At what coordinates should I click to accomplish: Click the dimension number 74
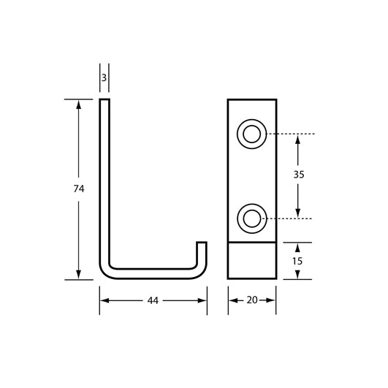[79, 189]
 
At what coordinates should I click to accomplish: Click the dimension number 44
[153, 300]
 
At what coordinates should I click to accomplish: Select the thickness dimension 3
[104, 77]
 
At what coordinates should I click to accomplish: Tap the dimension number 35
[297, 175]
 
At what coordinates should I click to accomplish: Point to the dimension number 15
[297, 261]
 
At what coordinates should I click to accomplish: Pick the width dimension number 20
[251, 300]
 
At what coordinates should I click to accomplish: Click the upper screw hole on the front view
[251, 134]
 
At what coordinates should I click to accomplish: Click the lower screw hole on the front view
[251, 218]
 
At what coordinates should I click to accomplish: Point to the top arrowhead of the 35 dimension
[297, 139]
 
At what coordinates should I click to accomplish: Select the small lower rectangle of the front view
[251, 261]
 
